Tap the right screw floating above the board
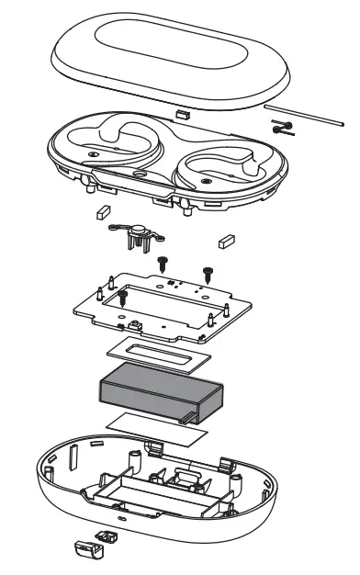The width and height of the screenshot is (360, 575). [x=208, y=272]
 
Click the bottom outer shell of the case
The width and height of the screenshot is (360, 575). [x=83, y=496]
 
